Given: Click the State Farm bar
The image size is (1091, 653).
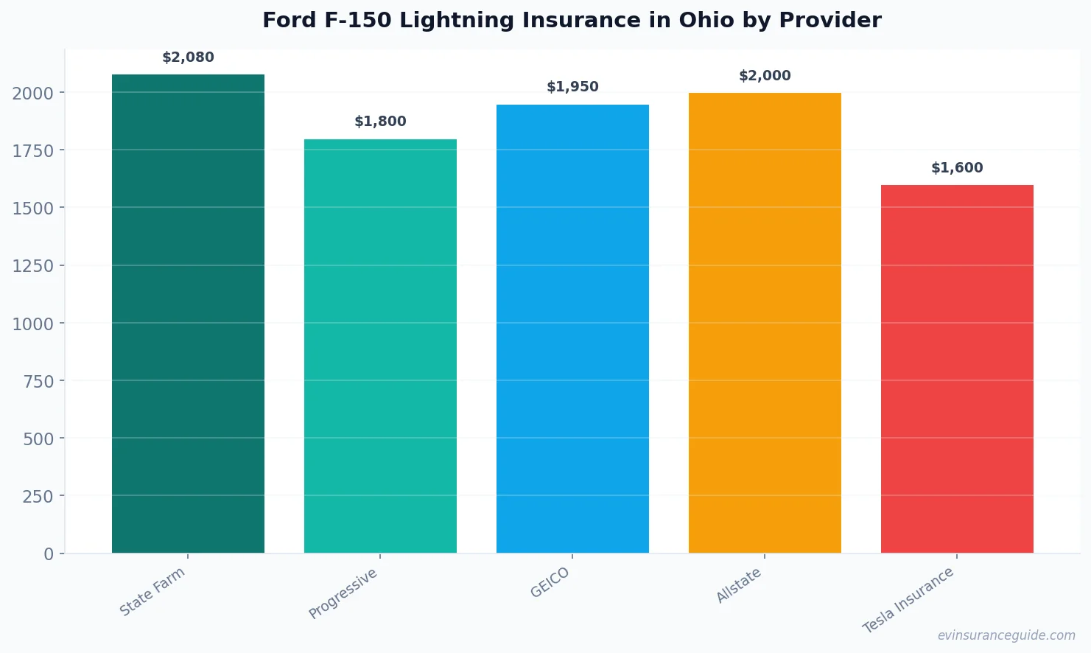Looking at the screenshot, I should [188, 313].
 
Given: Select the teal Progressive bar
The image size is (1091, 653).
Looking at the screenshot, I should [380, 346].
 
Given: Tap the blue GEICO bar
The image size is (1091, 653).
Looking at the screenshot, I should [572, 329].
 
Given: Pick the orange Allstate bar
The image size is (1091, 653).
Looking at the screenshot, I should [765, 323].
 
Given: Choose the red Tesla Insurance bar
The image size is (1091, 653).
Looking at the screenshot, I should [957, 369].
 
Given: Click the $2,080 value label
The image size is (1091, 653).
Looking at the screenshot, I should [188, 57].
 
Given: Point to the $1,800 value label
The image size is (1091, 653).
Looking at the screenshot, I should [380, 122].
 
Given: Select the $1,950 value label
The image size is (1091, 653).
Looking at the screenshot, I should [572, 87].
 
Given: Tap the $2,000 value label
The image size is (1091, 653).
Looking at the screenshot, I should [765, 76].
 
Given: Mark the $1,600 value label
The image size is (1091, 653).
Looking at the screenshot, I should [957, 168].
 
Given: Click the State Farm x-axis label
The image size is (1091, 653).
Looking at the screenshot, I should [152, 592].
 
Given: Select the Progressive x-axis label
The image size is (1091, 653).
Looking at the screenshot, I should [343, 593].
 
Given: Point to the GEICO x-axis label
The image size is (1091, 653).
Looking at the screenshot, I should [550, 583].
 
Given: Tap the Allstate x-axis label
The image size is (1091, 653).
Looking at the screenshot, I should [739, 586].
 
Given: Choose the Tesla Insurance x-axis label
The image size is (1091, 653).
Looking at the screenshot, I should [908, 600].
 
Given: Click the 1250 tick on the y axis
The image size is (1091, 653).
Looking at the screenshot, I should [33, 266].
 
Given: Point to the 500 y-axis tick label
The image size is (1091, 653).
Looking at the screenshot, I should [38, 439].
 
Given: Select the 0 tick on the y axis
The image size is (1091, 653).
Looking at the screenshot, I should [49, 554].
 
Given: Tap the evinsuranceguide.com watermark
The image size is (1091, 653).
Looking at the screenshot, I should [1006, 635].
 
